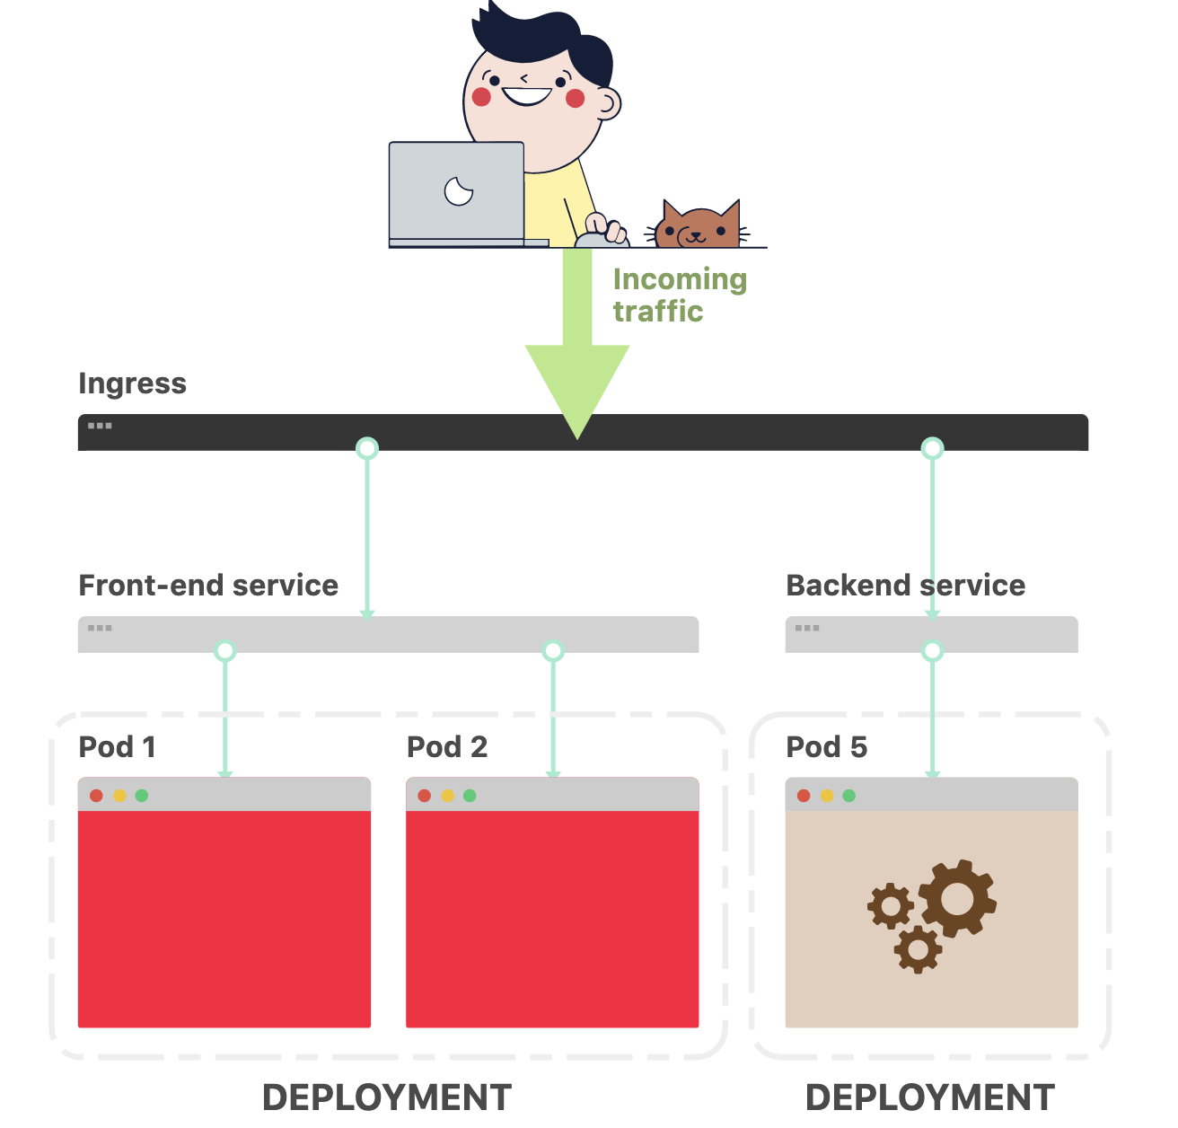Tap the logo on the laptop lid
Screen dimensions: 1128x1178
(459, 190)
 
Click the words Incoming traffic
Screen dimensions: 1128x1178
(679, 295)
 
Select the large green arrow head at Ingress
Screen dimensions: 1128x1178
(577, 386)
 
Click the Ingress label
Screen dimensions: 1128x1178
(132, 383)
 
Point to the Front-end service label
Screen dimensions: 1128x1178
(208, 586)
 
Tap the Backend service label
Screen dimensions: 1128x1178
(905, 586)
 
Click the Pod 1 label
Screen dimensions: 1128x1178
(117, 747)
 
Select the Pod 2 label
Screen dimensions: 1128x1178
(446, 747)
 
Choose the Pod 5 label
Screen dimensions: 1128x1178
(826, 747)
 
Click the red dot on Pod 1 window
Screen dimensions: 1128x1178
(96, 796)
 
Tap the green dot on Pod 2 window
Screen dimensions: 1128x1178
(470, 796)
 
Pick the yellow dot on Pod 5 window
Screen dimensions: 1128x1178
(826, 796)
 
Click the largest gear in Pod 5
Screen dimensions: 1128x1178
(957, 897)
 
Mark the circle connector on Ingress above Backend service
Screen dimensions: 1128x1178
(933, 447)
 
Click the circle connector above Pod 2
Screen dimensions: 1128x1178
(553, 650)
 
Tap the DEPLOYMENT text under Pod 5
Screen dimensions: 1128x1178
(929, 1097)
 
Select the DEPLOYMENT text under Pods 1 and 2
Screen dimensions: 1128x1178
(387, 1097)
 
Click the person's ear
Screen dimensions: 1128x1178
(608, 104)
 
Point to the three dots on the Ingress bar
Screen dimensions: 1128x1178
(100, 426)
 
